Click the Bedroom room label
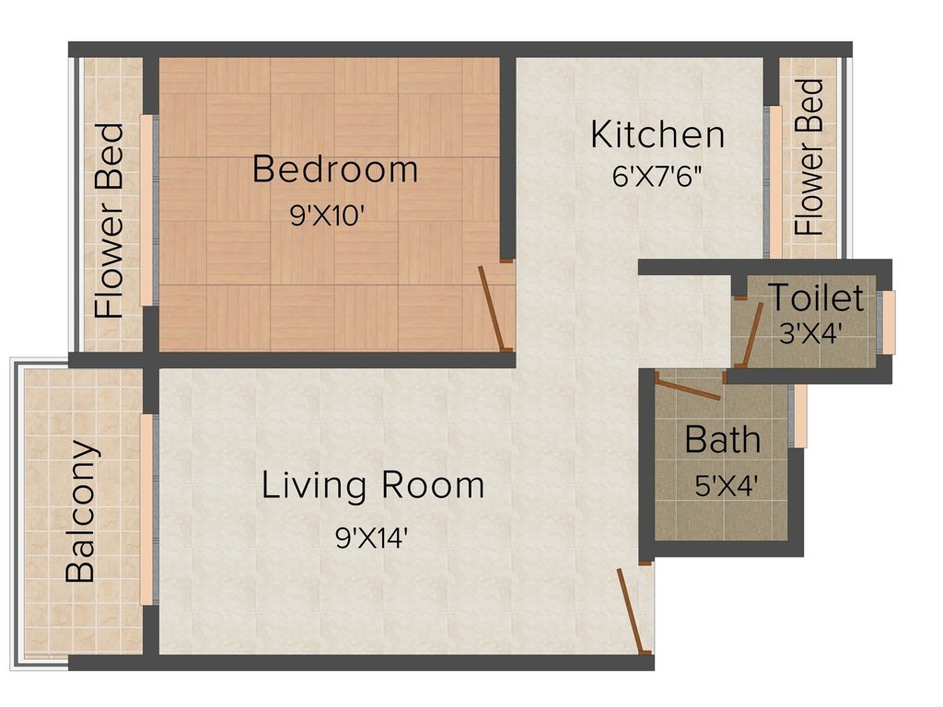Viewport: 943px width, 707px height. pyautogui.click(x=335, y=169)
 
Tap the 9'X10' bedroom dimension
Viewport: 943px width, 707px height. pyautogui.click(x=328, y=214)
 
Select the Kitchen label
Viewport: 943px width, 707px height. pyautogui.click(x=658, y=134)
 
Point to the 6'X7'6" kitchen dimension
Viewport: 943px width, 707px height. pyautogui.click(x=658, y=177)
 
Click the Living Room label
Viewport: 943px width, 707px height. pyautogui.click(x=373, y=485)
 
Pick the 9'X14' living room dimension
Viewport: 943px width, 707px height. pyautogui.click(x=373, y=538)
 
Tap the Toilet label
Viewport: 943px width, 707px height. pyautogui.click(x=817, y=297)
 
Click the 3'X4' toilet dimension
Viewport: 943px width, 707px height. pyautogui.click(x=809, y=333)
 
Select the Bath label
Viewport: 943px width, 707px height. pyautogui.click(x=722, y=440)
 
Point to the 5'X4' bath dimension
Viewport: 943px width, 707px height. pyautogui.click(x=726, y=485)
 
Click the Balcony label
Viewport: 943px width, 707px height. pyautogui.click(x=81, y=512)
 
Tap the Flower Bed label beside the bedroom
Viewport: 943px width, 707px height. pyautogui.click(x=110, y=221)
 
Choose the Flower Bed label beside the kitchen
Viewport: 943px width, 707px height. pyautogui.click(x=809, y=156)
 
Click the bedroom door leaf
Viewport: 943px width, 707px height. pyautogui.click(x=492, y=308)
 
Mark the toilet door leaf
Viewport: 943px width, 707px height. pyautogui.click(x=752, y=333)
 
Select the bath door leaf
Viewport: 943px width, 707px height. pyautogui.click(x=689, y=388)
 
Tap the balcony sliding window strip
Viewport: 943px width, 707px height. pyautogui.click(x=147, y=510)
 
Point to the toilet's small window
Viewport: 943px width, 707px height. pyautogui.click(x=888, y=321)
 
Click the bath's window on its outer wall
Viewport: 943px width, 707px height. pyautogui.click(x=800, y=415)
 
